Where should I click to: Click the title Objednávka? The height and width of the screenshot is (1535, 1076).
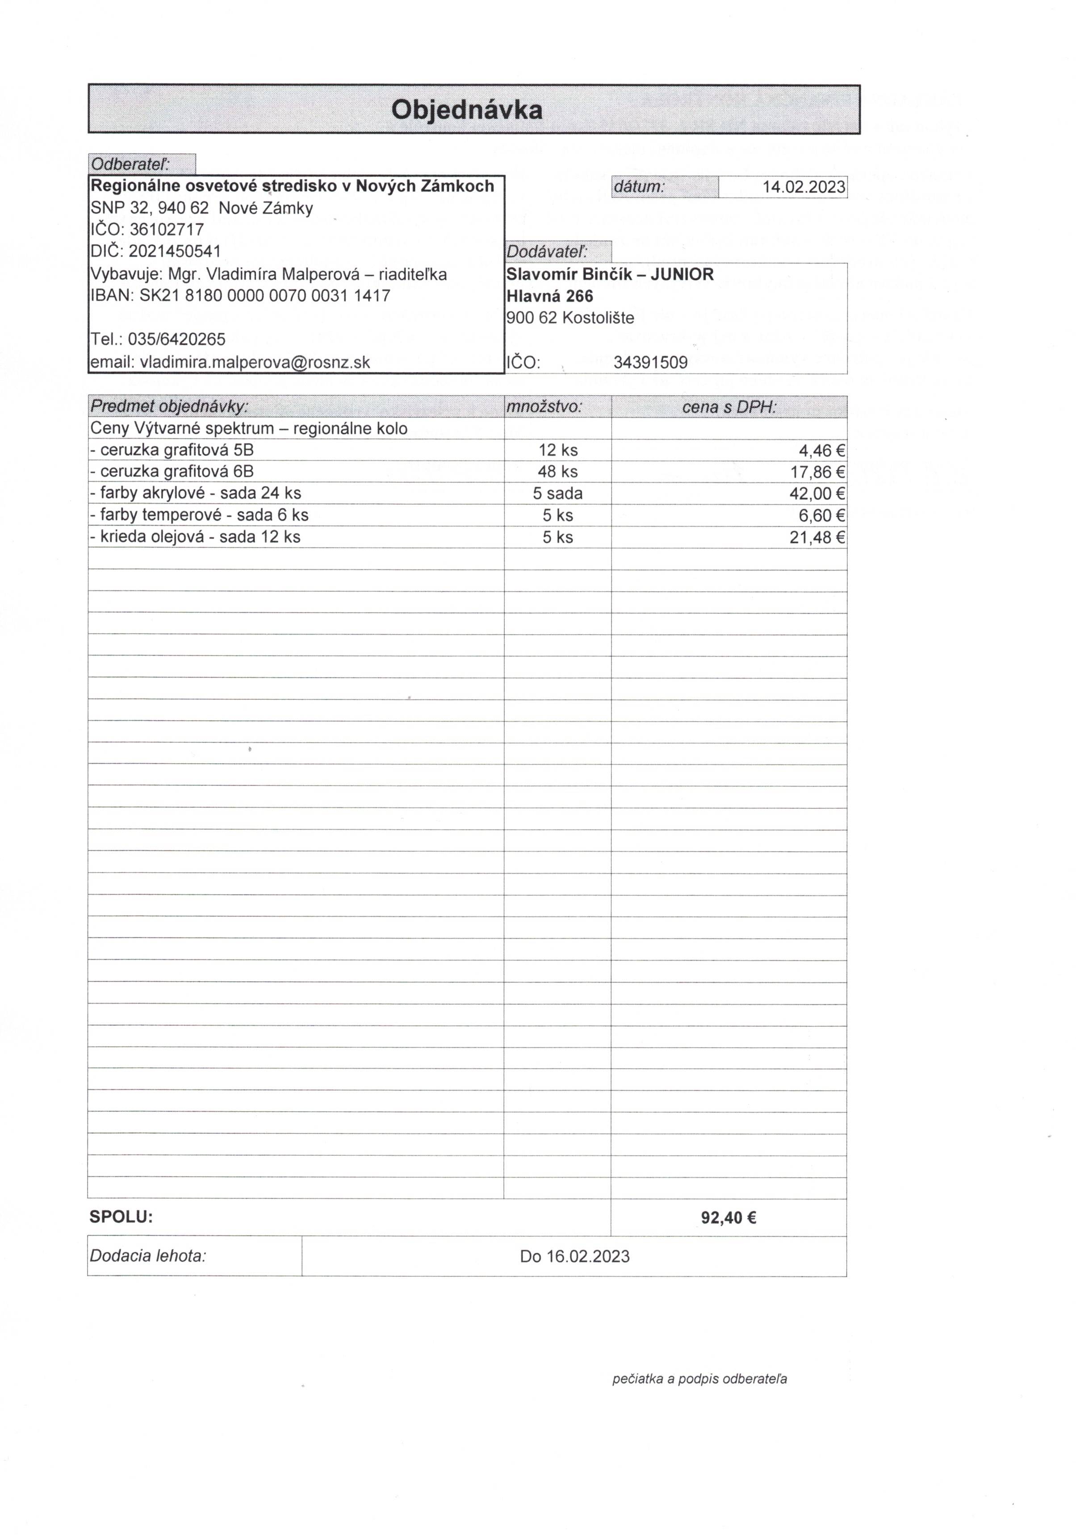point(466,110)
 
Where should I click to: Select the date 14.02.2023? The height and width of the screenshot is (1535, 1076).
point(804,187)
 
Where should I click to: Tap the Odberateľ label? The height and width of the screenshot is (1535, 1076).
point(130,164)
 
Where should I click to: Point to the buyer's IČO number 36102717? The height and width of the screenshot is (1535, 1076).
point(167,229)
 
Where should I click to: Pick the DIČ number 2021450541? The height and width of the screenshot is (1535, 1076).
point(175,251)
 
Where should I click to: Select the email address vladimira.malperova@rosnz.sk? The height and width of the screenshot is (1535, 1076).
point(255,362)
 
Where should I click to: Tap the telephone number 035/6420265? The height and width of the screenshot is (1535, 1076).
point(176,339)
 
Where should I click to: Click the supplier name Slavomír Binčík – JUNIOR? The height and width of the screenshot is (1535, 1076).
point(610,274)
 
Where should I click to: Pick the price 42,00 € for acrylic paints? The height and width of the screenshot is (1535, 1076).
point(817,494)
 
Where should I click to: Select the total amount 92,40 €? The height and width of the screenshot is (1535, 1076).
point(728,1217)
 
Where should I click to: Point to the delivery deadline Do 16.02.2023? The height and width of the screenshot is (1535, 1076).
point(574,1256)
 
